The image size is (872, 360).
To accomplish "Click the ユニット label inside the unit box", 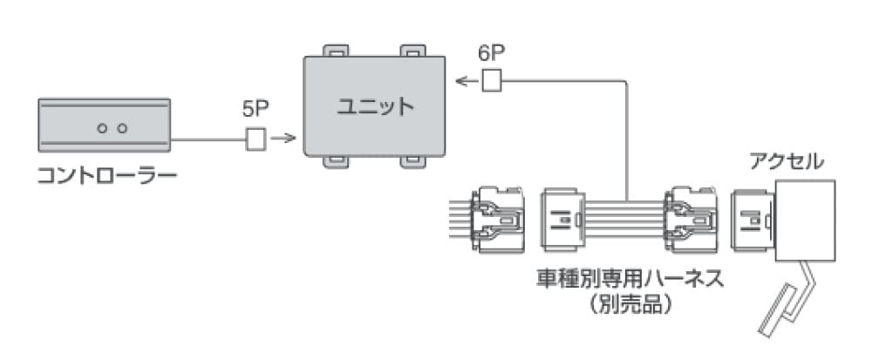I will pos(375,107).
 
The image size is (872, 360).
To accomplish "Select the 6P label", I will pos(492,55).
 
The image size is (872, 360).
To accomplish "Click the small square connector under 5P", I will pos(256,138).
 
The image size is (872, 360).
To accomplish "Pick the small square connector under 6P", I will pos(493,81).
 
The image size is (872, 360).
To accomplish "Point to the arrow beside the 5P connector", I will pos(282,138).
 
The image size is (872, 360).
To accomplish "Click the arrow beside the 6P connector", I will pos(467,81).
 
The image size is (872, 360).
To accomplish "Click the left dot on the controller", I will pos(101,128).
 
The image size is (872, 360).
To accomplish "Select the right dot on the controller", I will pos(122,128).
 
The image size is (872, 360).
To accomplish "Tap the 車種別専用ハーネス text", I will pos(630,281).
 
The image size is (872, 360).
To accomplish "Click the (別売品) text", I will pos(630,306).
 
